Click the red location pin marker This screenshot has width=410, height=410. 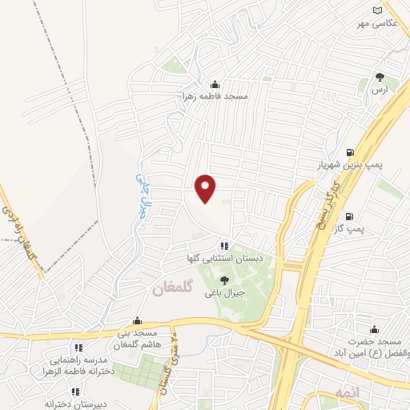point(206,187)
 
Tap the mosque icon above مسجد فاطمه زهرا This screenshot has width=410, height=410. point(214,84)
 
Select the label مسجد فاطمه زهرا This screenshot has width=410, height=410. point(214,96)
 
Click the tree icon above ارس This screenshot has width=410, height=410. point(380,78)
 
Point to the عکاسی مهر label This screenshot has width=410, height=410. point(376,22)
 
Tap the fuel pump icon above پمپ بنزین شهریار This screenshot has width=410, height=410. point(349,153)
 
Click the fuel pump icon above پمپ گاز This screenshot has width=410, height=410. point(349,216)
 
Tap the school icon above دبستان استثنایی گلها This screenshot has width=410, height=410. point(225,245)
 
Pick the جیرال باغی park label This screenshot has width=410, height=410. point(224,292)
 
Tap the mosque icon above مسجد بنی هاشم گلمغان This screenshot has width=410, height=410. point(138,320)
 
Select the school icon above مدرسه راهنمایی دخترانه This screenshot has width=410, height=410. point(78,348)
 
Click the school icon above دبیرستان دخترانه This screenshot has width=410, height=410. point(74,392)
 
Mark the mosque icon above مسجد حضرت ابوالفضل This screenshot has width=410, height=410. point(372,329)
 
